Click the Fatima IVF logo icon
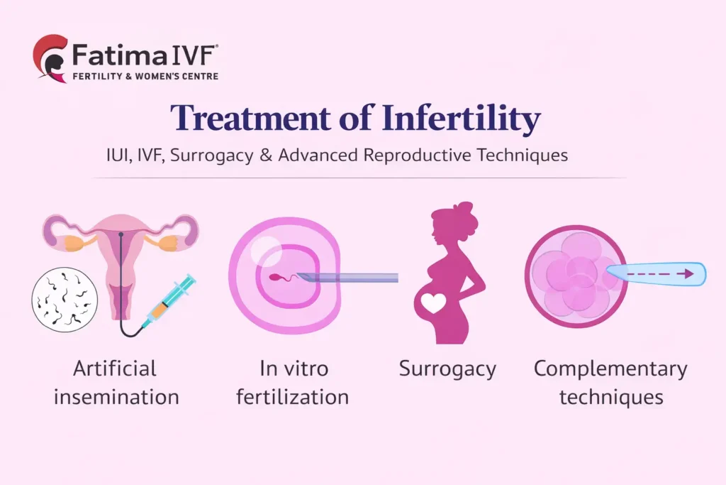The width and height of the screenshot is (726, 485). click(50, 57)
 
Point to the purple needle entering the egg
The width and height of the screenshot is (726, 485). click(347, 277)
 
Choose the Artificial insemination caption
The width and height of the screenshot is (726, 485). click(116, 382)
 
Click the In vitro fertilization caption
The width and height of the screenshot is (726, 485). click(292, 382)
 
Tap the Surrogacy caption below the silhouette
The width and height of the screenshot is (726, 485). click(447, 369)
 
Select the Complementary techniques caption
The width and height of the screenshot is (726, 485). click(610, 382)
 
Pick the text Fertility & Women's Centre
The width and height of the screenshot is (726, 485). click(145, 76)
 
